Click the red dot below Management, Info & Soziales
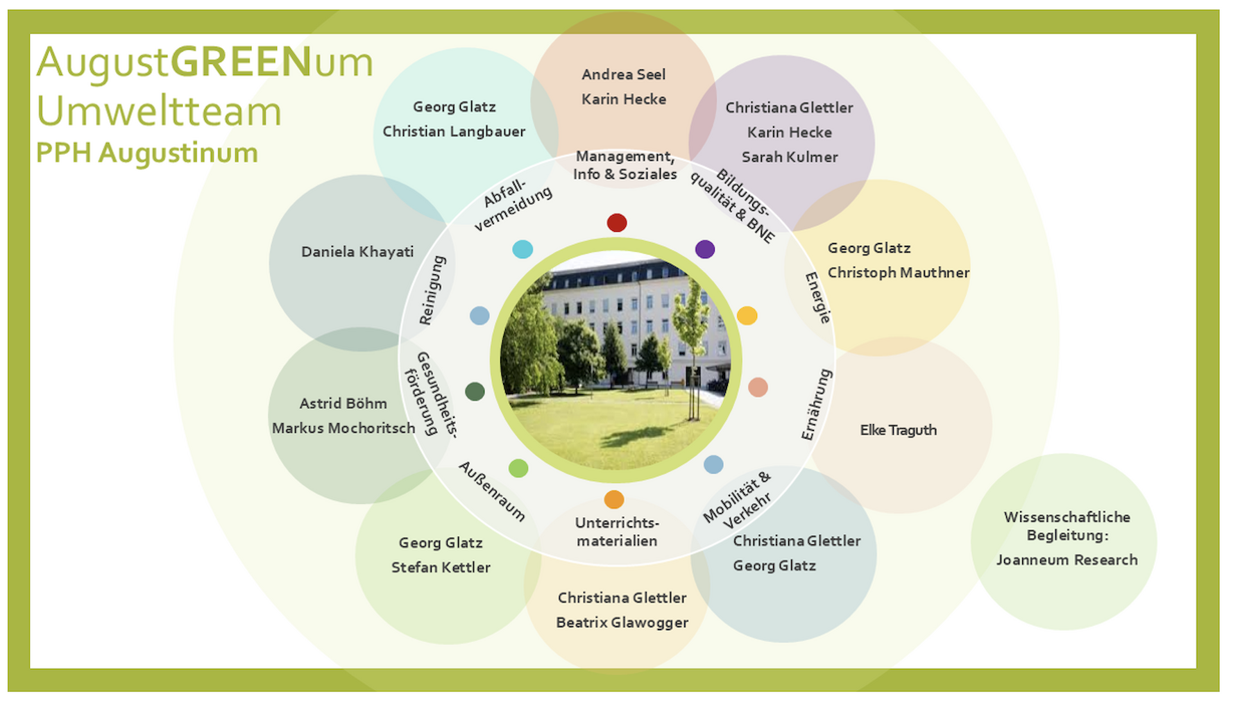tap(617, 223)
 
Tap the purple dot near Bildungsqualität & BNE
tap(705, 249)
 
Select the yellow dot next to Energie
tap(747, 316)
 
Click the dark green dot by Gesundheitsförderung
tap(475, 391)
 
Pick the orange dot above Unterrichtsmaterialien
tap(614, 499)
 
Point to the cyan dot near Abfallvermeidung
tap(522, 249)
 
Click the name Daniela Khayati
tap(357, 252)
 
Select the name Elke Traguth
tap(898, 430)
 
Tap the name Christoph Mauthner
tap(898, 273)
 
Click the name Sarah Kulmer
tap(790, 158)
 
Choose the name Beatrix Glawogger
tap(622, 623)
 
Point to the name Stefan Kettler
tap(441, 568)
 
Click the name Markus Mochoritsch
tap(343, 428)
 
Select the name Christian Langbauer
tap(454, 132)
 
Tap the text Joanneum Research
tap(1067, 560)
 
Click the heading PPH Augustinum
tap(147, 153)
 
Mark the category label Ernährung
tap(816, 405)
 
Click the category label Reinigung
tap(432, 290)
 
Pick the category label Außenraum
tap(492, 491)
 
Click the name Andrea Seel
tap(623, 75)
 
